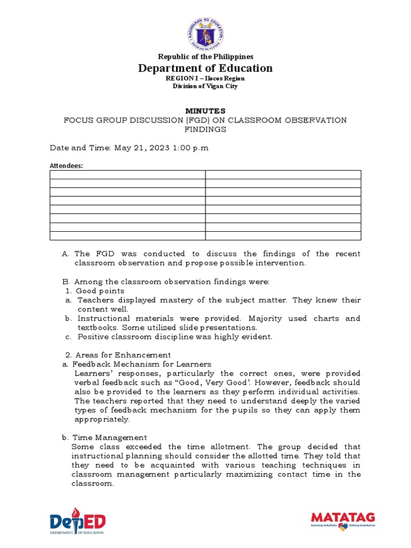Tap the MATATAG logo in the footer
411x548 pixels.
[x=342, y=520]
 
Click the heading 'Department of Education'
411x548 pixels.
[x=205, y=68]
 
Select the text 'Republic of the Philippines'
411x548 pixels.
[x=205, y=56]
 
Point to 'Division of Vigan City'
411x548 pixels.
[x=205, y=86]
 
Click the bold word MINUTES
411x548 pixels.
[x=205, y=111]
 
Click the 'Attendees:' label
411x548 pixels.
[x=66, y=166]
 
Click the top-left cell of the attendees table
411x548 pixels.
[x=127, y=174]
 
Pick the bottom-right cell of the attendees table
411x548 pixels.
[x=283, y=235]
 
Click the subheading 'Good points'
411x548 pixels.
[x=100, y=291]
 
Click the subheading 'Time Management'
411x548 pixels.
[x=110, y=437]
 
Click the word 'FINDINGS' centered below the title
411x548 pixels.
[x=205, y=129]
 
